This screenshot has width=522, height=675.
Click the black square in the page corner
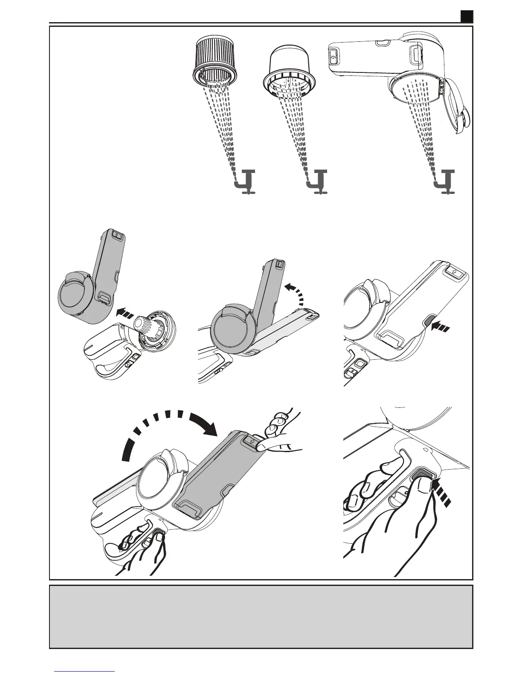coord(467,16)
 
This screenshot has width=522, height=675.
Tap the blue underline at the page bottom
coord(85,671)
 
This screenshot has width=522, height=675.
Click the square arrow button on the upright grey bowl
coord(117,235)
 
